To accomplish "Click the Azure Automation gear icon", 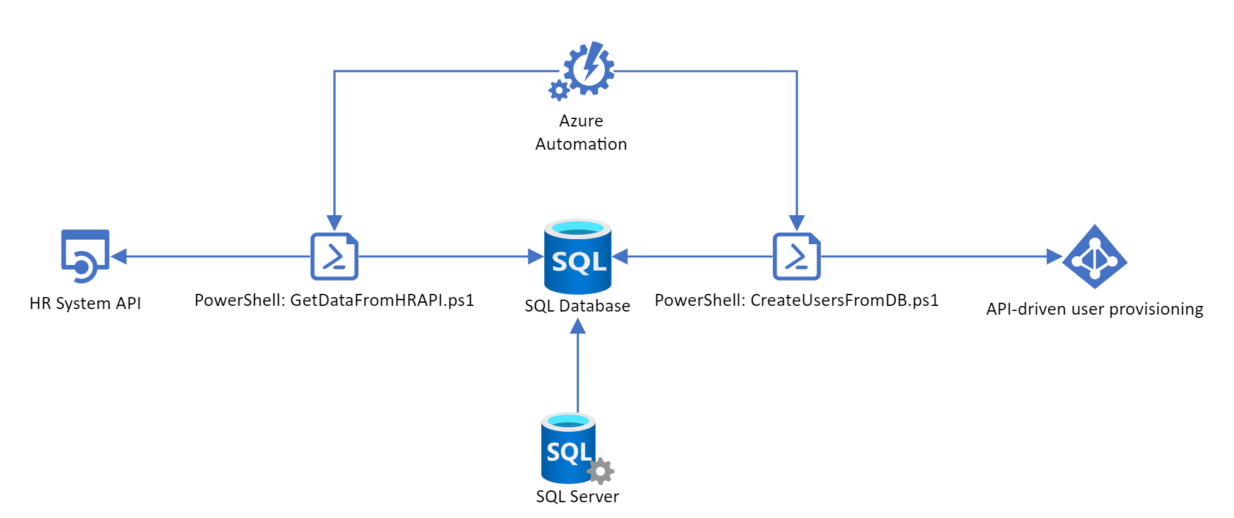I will click(x=588, y=69).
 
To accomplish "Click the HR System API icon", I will click(x=85, y=256).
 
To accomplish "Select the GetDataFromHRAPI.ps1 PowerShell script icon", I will click(x=334, y=256).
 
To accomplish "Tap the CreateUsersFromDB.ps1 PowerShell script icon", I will click(x=797, y=256).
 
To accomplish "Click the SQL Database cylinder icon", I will click(x=578, y=256).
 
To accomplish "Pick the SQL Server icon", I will click(x=569, y=448).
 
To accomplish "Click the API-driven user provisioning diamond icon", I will click(x=1095, y=256).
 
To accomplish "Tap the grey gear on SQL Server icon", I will click(x=601, y=471).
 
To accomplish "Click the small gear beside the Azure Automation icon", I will click(x=559, y=91).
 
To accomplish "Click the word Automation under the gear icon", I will click(x=581, y=144).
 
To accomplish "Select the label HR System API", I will click(x=85, y=303).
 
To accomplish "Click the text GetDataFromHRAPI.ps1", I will click(x=382, y=300).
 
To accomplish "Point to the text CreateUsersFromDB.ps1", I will click(x=844, y=300).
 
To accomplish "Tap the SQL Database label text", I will click(x=578, y=306).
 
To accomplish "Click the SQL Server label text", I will click(x=578, y=497).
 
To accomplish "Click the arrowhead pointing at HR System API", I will click(x=119, y=256).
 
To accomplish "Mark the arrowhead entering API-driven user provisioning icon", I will click(x=1054, y=256).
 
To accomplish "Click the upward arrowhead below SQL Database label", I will click(x=578, y=327).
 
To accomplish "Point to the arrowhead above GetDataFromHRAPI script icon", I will click(x=334, y=223).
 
